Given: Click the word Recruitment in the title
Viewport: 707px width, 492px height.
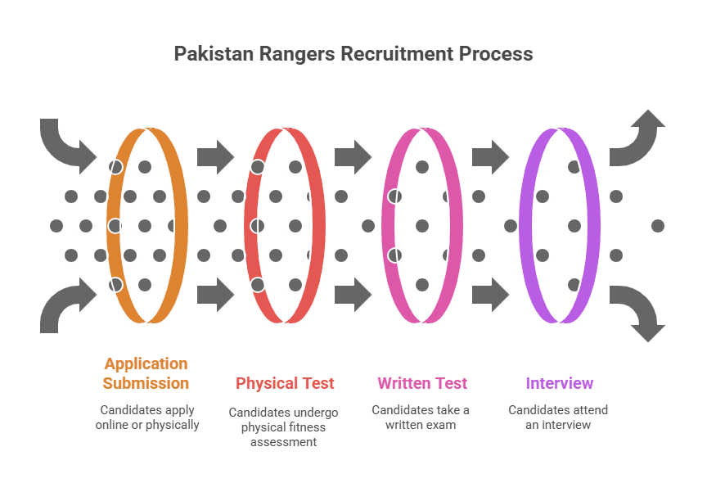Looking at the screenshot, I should (x=396, y=54).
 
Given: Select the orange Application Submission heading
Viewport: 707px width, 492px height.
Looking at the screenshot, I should (x=146, y=373).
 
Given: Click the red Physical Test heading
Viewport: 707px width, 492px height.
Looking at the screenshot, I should (x=286, y=383).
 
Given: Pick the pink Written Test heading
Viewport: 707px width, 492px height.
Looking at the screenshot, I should (x=422, y=383).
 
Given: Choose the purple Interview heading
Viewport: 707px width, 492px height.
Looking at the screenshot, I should (x=560, y=383).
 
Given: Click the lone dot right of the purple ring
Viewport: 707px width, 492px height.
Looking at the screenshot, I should (x=657, y=225).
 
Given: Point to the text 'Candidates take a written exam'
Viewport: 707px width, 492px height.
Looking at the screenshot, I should (x=421, y=417).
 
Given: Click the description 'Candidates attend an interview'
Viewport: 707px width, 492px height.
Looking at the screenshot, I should (x=558, y=417).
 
